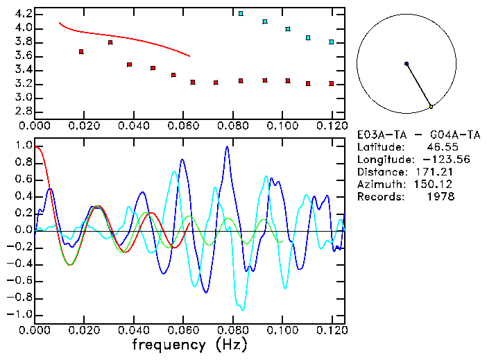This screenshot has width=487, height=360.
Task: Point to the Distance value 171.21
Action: [x=438, y=172]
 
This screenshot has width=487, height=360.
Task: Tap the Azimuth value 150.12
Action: [x=438, y=185]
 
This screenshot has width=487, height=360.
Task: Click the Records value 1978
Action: [x=441, y=197]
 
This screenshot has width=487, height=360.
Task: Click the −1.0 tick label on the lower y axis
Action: [x=20, y=314]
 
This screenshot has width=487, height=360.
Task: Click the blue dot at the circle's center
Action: [x=407, y=64]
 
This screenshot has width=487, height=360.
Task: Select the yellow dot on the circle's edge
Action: [x=432, y=106]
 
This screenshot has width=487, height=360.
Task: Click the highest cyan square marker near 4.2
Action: [x=241, y=14]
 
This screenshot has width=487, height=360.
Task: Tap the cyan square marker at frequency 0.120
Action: [x=332, y=42]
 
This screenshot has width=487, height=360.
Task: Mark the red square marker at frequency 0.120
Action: [x=332, y=84]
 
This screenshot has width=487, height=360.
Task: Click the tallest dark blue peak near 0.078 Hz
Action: [x=226, y=147]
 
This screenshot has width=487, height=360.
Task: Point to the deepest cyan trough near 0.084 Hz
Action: [x=242, y=309]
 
